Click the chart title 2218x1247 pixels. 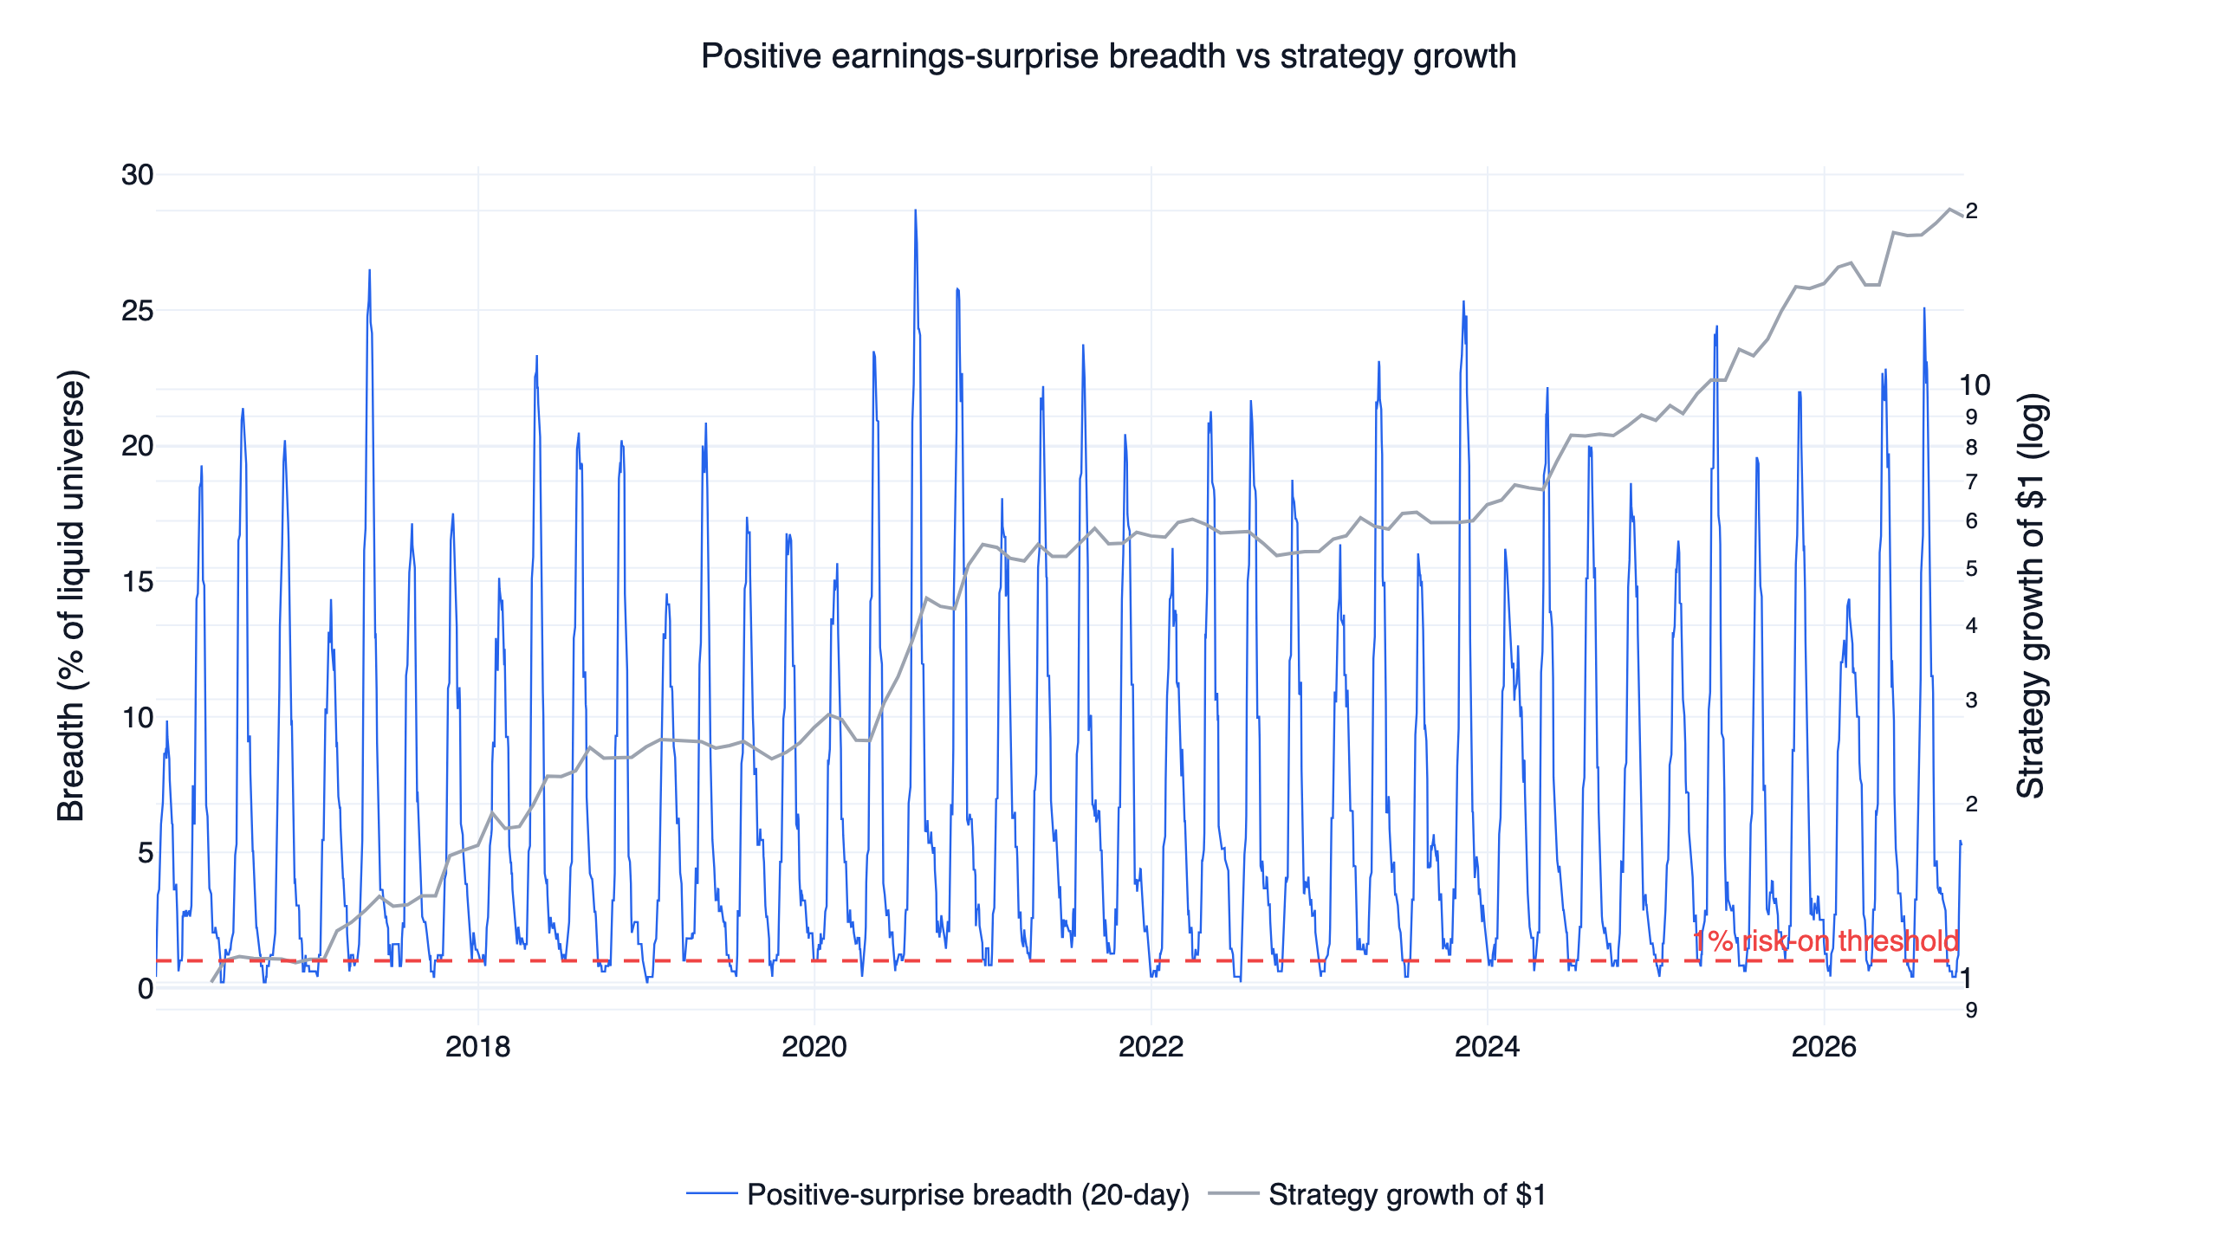1108,56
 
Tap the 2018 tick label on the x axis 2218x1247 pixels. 477,1047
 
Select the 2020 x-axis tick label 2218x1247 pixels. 814,1047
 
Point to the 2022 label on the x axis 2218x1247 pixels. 1151,1047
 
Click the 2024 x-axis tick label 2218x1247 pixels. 1487,1047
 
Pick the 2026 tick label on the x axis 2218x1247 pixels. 1824,1047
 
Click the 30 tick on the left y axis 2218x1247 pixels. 137,175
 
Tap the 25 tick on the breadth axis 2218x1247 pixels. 137,311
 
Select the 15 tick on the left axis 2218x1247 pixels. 137,582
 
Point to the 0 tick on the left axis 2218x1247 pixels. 146,989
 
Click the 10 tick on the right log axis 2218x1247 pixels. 1975,385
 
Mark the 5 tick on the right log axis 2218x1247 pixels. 1971,569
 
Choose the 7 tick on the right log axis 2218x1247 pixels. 1971,481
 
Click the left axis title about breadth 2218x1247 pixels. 71,596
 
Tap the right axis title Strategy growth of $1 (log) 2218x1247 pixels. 2031,596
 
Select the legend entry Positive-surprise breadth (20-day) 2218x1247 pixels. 938,1195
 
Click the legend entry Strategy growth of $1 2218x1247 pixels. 1378,1195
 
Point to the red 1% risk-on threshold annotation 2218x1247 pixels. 1826,941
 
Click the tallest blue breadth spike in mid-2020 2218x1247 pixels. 915,210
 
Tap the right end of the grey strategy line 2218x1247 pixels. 1962,216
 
